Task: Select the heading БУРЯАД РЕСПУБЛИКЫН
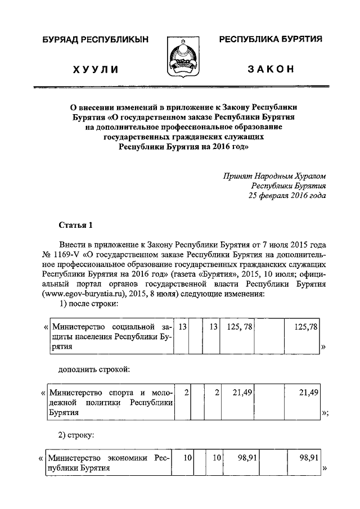[x=96, y=39]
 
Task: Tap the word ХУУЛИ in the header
[x=96, y=69]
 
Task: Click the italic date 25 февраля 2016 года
[x=287, y=196]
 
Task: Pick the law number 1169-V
[x=65, y=255]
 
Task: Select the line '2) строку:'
[x=76, y=435]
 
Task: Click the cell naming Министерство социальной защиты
[x=110, y=337]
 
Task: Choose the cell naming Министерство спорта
[x=110, y=402]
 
